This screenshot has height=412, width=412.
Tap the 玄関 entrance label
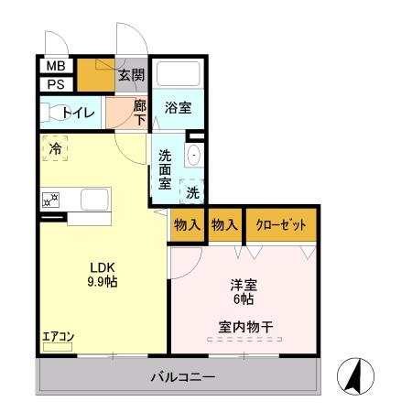point(131,75)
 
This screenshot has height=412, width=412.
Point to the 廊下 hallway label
point(139,113)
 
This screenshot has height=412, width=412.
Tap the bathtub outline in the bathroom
point(179,74)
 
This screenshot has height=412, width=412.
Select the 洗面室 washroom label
point(165,168)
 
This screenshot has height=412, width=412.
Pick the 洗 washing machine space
point(192,192)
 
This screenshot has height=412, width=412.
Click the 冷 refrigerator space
point(55,147)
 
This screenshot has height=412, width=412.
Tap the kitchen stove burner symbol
point(50,198)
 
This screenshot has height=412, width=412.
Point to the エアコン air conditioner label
point(57,336)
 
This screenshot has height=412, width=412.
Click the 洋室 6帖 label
point(243,290)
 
